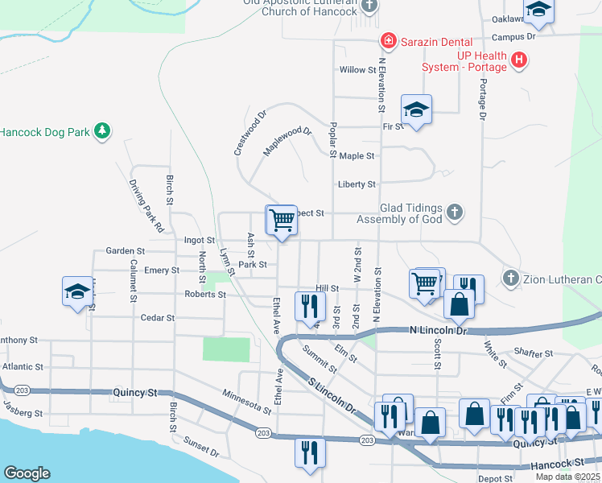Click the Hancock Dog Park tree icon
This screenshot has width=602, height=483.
pyautogui.click(x=101, y=131)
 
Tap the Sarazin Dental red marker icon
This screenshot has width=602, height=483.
pyautogui.click(x=388, y=39)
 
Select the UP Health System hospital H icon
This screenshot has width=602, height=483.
pyautogui.click(x=519, y=60)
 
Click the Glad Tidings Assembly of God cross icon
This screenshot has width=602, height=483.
pyautogui.click(x=455, y=213)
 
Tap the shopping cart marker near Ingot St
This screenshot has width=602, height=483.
pyautogui.click(x=282, y=220)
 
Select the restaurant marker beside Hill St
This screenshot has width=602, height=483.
pyautogui.click(x=308, y=306)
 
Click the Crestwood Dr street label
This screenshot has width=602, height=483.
pyautogui.click(x=249, y=134)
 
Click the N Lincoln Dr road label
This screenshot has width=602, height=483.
pyautogui.click(x=438, y=330)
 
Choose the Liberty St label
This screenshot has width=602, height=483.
pyautogui.click(x=357, y=184)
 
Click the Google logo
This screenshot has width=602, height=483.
pyautogui.click(x=27, y=473)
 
